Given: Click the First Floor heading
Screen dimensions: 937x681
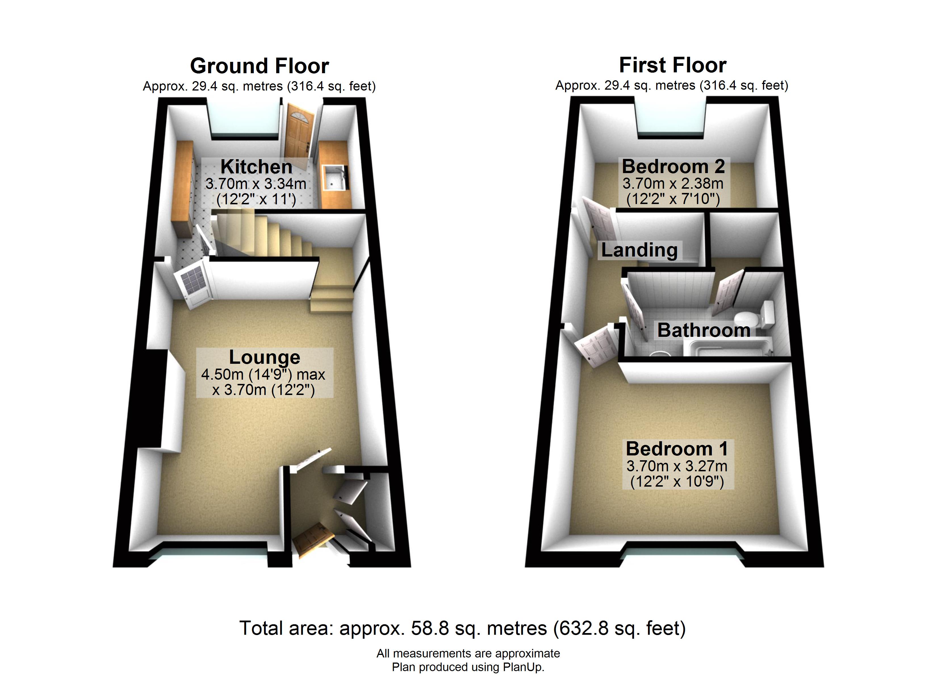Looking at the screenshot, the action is tap(673, 65).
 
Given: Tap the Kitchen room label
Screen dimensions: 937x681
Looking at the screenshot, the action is tap(256, 167).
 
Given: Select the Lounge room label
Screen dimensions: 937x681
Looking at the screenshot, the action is tap(264, 358).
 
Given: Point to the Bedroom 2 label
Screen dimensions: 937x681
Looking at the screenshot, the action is tap(674, 167).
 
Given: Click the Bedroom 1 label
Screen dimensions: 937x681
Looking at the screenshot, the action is tap(677, 449).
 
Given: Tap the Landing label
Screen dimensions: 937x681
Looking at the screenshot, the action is tap(639, 250).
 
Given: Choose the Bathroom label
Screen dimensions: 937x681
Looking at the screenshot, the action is tap(704, 330).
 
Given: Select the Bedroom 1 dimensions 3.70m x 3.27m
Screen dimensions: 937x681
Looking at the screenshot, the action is tap(677, 466).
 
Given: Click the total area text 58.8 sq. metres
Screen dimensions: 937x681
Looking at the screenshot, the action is tap(479, 628).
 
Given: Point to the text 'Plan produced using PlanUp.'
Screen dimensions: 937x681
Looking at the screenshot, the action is tap(468, 667).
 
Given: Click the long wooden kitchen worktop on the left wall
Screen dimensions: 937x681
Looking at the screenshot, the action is tap(183, 189).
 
